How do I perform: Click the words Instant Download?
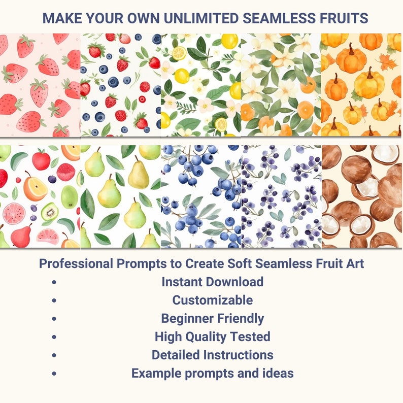coord(212,282)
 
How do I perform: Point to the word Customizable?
coord(212,300)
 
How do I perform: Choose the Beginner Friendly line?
coord(212,318)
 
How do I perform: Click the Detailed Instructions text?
coord(212,354)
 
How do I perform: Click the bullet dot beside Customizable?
coord(54,300)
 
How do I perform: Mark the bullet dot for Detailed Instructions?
coord(54,355)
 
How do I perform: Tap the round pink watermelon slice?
coord(14,214)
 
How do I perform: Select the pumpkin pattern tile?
coord(361,85)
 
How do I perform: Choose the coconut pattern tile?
coord(361,197)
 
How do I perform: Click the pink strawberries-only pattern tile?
coord(40,85)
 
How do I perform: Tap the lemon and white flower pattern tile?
coord(200,85)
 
